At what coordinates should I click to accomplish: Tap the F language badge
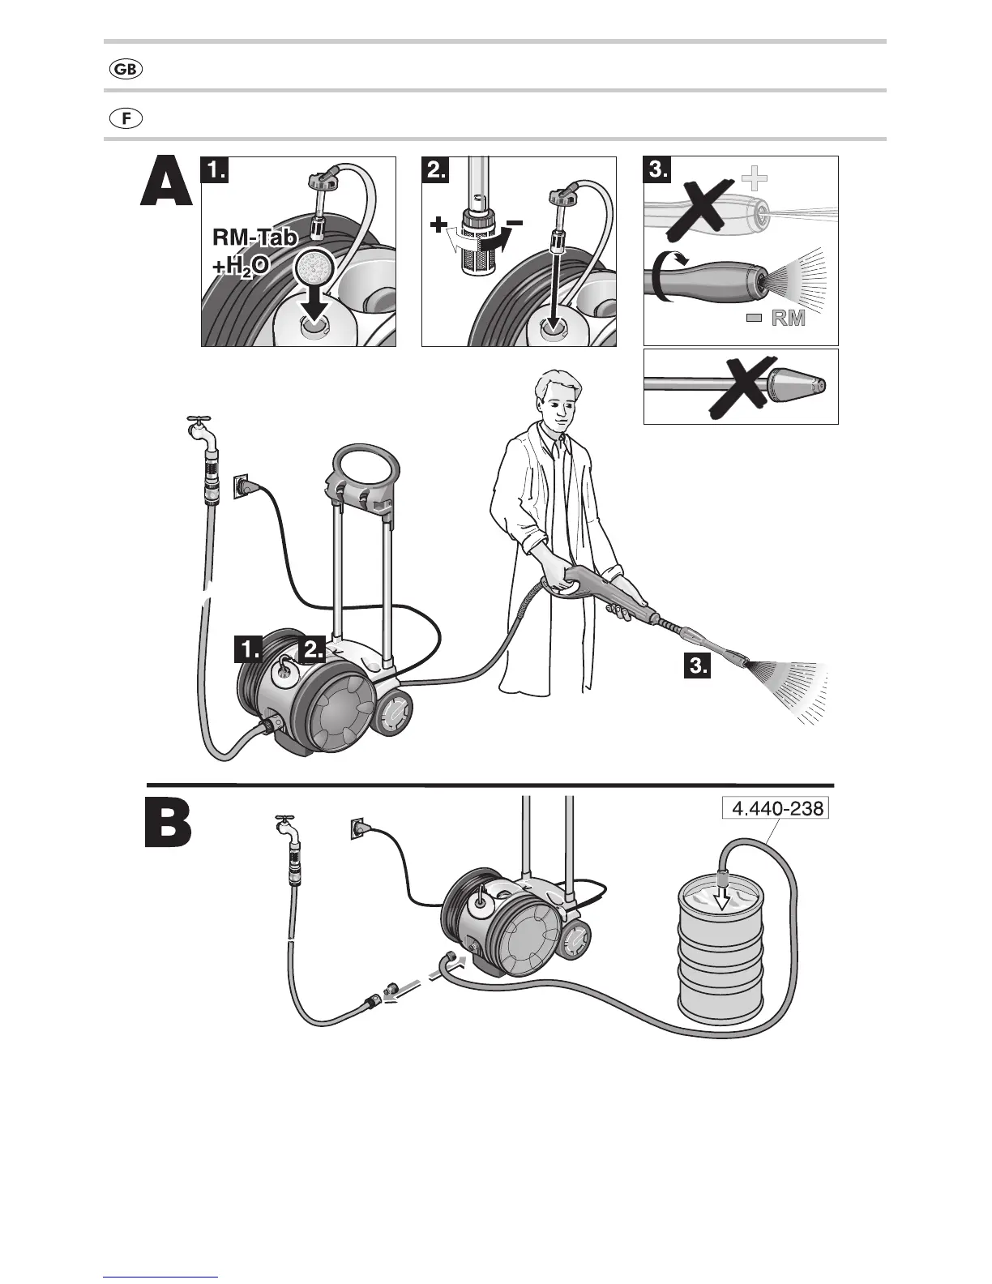click(126, 118)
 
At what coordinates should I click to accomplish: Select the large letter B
click(169, 824)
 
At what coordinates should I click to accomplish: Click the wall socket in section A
click(242, 486)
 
